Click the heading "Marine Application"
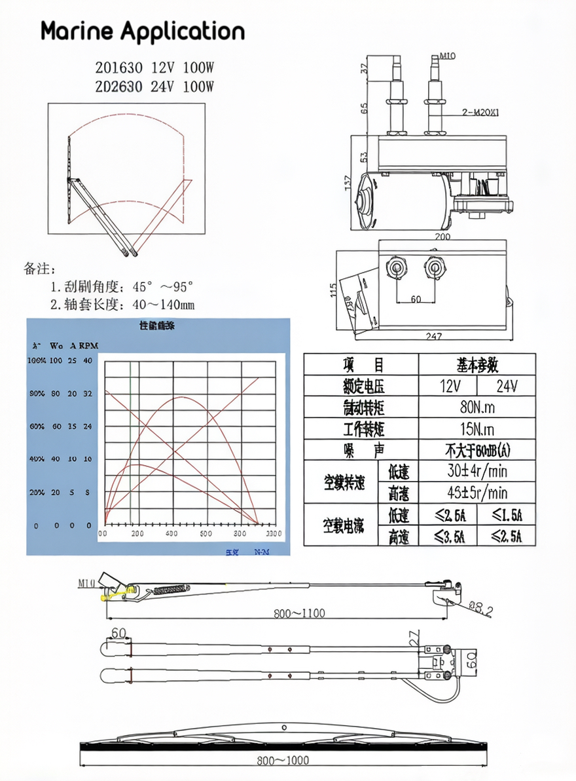[143, 31]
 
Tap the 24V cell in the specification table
[507, 386]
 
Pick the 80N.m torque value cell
[477, 408]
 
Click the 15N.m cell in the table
[477, 429]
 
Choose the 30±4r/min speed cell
[477, 471]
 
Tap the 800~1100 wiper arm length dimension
[299, 613]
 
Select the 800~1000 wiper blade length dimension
[283, 760]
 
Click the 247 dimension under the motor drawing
[433, 336]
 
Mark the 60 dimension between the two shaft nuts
[416, 299]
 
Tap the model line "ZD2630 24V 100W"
[155, 86]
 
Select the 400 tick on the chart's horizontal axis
[172, 533]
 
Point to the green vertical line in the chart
[130, 446]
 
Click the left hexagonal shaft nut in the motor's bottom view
[397, 267]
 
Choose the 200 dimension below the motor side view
[443, 237]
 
